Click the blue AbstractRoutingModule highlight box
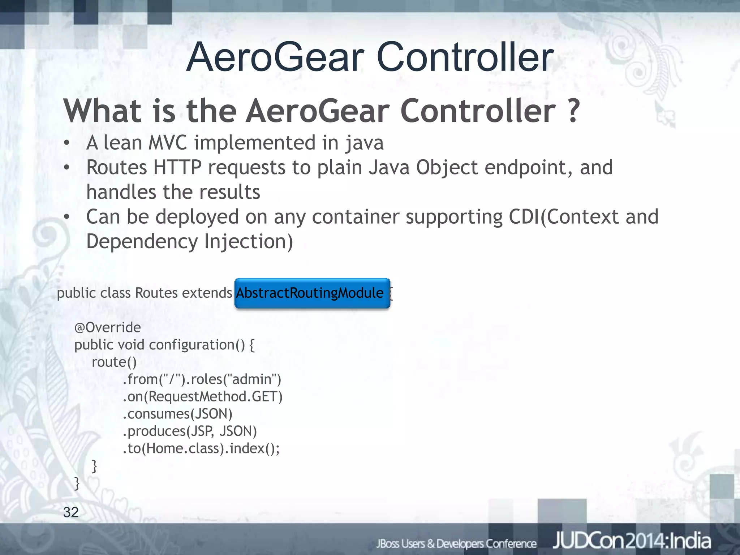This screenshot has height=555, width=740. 312,293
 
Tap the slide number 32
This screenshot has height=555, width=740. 71,512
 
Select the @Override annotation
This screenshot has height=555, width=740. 107,327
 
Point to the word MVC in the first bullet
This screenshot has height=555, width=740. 168,143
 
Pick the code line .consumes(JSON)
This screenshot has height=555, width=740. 177,414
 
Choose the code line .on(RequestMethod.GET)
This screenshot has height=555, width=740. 202,397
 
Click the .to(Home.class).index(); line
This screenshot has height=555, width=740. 201,448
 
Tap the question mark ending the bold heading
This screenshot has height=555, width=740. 572,111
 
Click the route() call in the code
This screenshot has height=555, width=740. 114,362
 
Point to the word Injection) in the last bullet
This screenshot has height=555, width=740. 249,241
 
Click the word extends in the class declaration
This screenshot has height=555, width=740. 207,293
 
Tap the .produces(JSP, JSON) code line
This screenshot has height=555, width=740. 190,431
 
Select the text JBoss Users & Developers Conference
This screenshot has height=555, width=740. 456,544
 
